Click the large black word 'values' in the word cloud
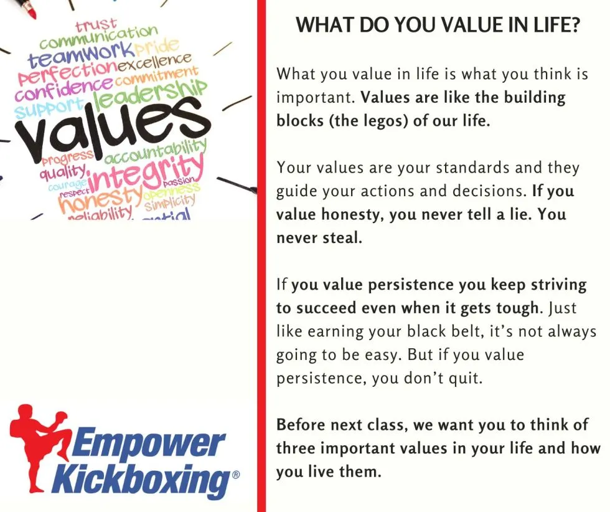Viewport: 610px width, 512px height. click(x=113, y=126)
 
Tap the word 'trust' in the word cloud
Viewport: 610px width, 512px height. click(x=96, y=26)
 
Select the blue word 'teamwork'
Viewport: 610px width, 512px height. click(x=80, y=55)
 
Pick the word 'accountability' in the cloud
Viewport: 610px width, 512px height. click(x=155, y=153)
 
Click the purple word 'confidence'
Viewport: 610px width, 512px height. click(x=63, y=88)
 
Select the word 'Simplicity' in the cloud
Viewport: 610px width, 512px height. click(x=169, y=202)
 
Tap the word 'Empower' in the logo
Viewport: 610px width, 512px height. click(x=148, y=442)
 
